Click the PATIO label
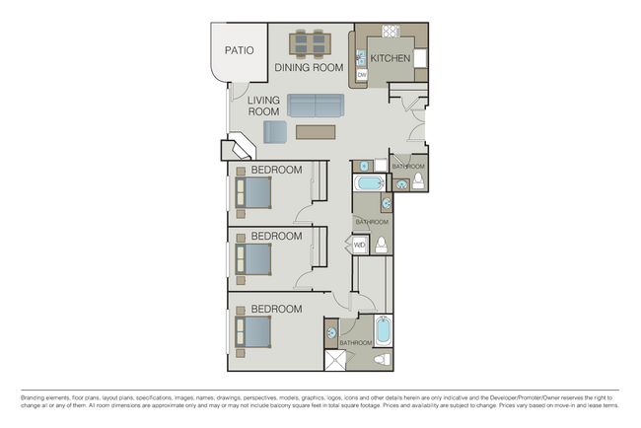[x=239, y=49]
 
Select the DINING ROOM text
[x=309, y=68]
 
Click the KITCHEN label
[x=391, y=59]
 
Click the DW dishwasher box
[x=362, y=75]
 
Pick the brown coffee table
[x=316, y=130]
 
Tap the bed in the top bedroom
[x=253, y=193]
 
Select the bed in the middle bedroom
[x=253, y=259]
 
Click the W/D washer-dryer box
[x=360, y=245]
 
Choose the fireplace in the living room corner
[x=241, y=149]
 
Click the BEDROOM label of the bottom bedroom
[x=276, y=310]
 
